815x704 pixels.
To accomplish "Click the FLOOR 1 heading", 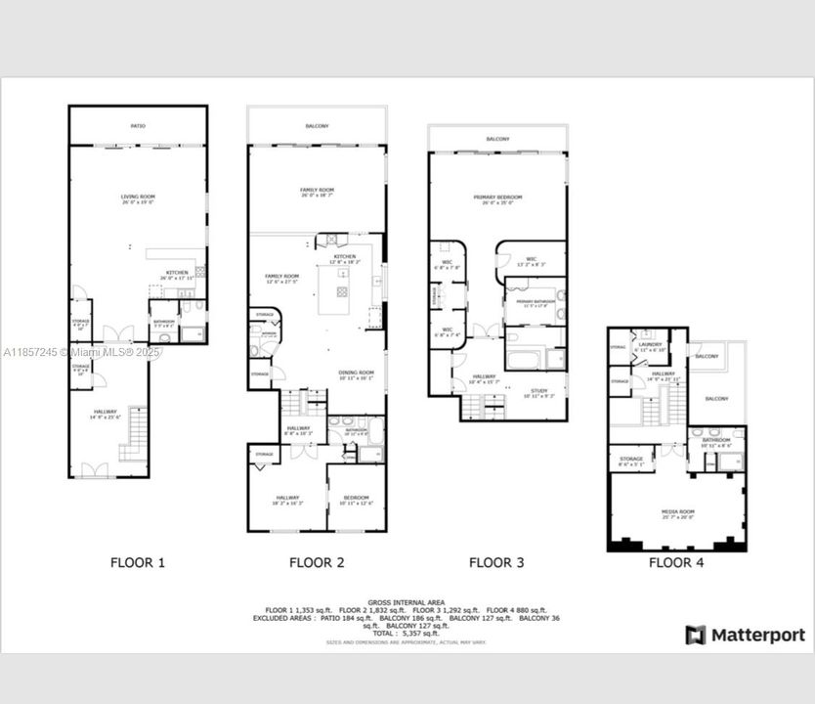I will pyautogui.click(x=137, y=562).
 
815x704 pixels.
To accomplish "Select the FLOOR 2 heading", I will pyautogui.click(x=317, y=562).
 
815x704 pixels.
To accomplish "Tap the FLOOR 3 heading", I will pyautogui.click(x=496, y=562).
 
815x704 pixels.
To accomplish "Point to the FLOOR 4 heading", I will pyautogui.click(x=676, y=562).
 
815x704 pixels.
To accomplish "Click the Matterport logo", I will pyautogui.click(x=746, y=635).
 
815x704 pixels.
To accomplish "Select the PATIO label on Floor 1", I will pyautogui.click(x=138, y=126).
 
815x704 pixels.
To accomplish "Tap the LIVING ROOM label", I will pyautogui.click(x=138, y=198).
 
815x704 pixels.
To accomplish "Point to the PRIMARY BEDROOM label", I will pyautogui.click(x=497, y=198).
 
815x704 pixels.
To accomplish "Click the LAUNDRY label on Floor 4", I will pyautogui.click(x=650, y=345).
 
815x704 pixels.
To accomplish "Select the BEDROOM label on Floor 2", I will pyautogui.click(x=356, y=501).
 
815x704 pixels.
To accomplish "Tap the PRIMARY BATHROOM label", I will pyautogui.click(x=535, y=301).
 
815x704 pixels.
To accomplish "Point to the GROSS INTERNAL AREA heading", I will pyautogui.click(x=407, y=602).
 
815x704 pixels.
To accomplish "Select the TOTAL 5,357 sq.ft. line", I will pyautogui.click(x=407, y=634).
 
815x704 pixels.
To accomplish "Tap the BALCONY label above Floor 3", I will pyautogui.click(x=497, y=140).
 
